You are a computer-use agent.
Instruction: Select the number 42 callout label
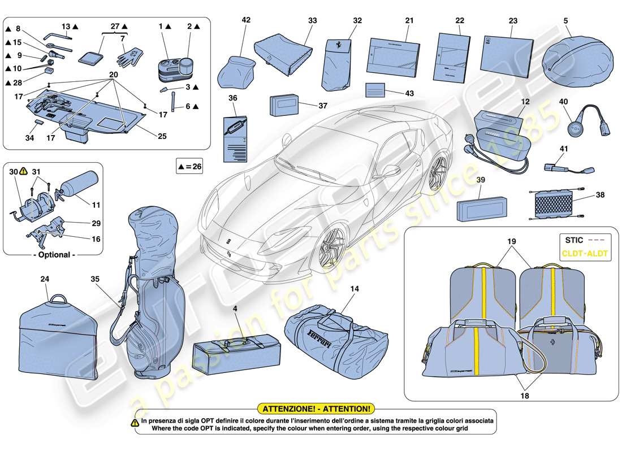tap(246, 19)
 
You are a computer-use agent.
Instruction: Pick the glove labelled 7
tap(129, 56)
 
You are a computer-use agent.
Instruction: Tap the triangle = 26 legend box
tap(189, 167)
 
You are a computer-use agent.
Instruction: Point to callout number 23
tap(513, 20)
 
